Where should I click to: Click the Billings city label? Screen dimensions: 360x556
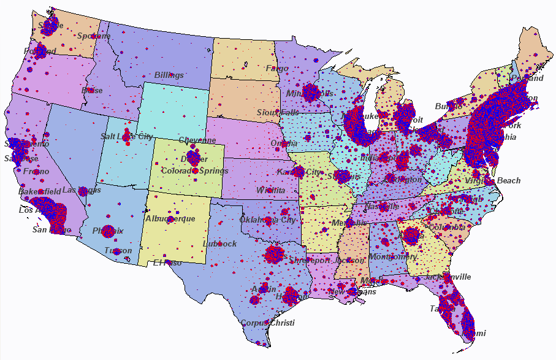pos(169,75)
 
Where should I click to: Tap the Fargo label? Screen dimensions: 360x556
pos(277,68)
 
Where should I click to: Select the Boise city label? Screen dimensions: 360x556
pos(92,90)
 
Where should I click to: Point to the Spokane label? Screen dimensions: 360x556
pos(94,36)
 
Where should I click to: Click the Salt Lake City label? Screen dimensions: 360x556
pos(127,136)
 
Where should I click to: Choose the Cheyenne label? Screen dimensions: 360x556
pos(197,140)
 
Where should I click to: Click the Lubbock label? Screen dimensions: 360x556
pos(219,243)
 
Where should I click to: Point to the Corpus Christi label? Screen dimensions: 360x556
pos(267,323)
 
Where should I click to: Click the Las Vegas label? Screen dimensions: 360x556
pos(79,190)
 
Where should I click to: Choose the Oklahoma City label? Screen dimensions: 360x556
pos(268,220)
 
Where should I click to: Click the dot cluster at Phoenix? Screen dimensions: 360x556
pos(108,231)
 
